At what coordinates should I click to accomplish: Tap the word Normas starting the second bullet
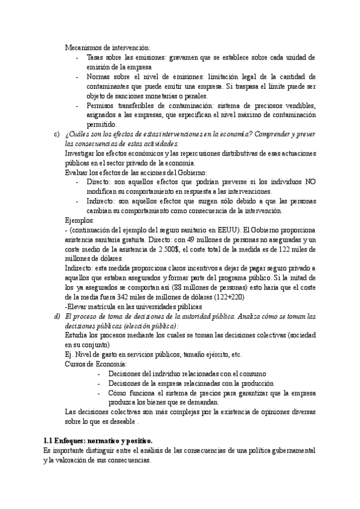click(x=99, y=77)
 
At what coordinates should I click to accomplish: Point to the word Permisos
click(x=102, y=106)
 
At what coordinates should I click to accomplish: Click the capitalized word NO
click(x=310, y=182)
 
